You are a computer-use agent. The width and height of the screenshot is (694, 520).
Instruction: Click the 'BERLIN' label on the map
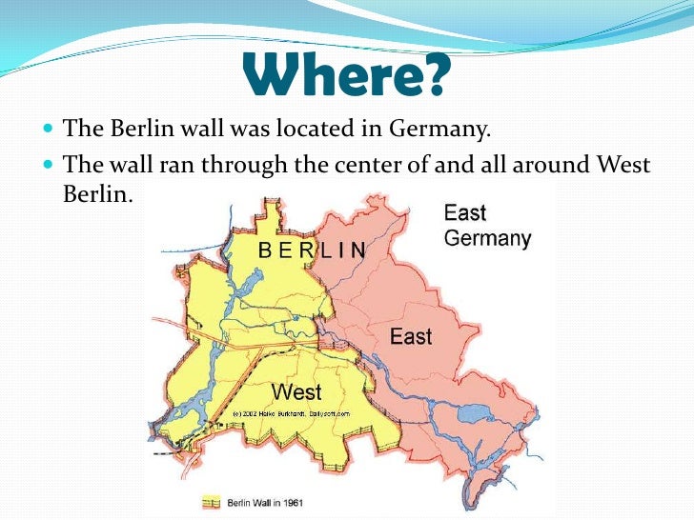313,250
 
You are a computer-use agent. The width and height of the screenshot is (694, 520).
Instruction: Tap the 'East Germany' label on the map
487,226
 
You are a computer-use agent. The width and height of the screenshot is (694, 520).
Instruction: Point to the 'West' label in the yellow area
296,391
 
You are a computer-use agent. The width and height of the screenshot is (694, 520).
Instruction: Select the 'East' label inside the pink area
411,336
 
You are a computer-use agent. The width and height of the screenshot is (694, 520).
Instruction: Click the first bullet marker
50,128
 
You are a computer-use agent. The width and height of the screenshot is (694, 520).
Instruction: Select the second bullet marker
50,166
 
